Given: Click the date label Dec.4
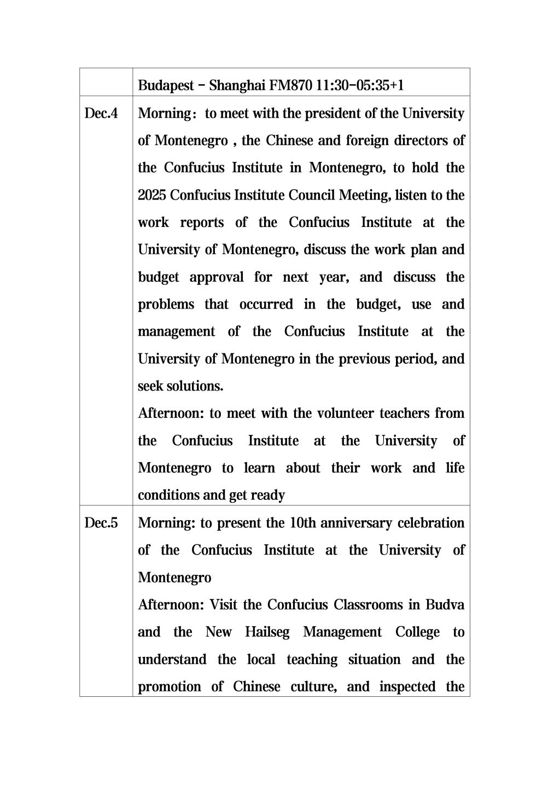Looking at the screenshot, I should pyautogui.click(x=101, y=113).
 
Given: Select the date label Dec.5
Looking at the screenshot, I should pyautogui.click(x=101, y=523).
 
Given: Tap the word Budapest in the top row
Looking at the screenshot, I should pyautogui.click(x=166, y=85).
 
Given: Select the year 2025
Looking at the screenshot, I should pyautogui.click(x=152, y=195).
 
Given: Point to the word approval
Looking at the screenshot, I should pyautogui.click(x=217, y=277).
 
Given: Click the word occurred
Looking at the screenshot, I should pyautogui.click(x=266, y=304).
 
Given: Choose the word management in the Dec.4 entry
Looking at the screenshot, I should pyautogui.click(x=176, y=332).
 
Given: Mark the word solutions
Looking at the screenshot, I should pyautogui.click(x=195, y=386).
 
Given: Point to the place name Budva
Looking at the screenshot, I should pyautogui.click(x=445, y=605).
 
